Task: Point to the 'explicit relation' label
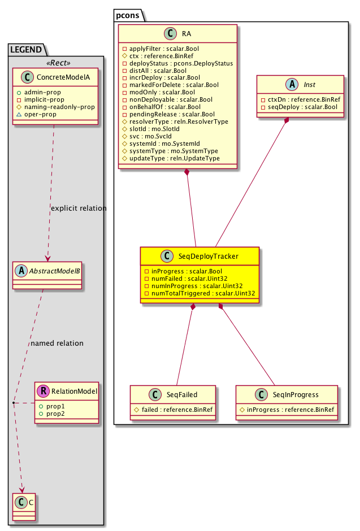pos(79,208)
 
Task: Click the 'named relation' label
pos(57,343)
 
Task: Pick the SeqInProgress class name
pos(293,394)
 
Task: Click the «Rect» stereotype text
pos(55,61)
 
